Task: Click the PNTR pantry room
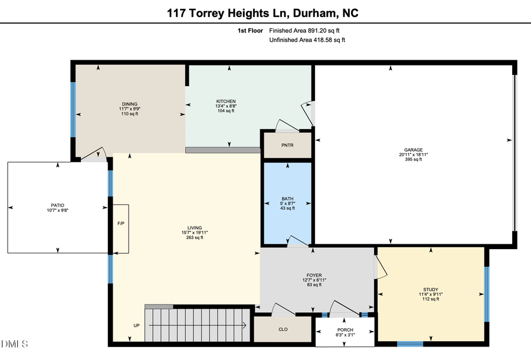287,146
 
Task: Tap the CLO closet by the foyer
283,329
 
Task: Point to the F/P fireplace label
120,224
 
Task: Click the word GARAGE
413,150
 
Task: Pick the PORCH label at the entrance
345,330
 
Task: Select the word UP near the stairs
136,326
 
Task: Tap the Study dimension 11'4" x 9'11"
431,294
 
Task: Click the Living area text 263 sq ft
195,238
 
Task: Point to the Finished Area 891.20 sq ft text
304,30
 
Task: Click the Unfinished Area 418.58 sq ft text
307,40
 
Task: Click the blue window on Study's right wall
487,294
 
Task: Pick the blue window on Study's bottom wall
409,343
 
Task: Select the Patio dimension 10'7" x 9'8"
57,211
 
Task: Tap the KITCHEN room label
226,102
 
